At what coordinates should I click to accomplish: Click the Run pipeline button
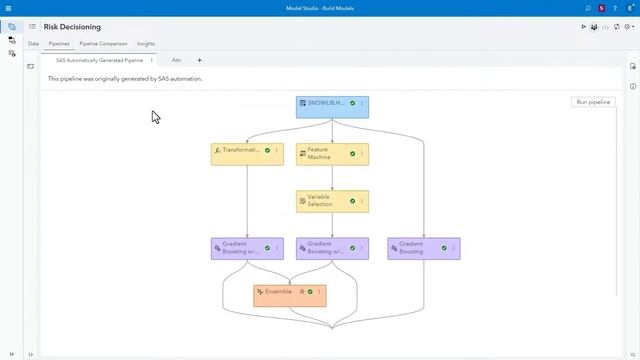pyautogui.click(x=593, y=102)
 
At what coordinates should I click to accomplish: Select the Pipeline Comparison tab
pyautogui.click(x=103, y=44)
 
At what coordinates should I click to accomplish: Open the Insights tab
pyautogui.click(x=146, y=44)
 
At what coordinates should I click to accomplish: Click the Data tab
pyautogui.click(x=33, y=44)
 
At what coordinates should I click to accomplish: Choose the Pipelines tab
pyautogui.click(x=59, y=44)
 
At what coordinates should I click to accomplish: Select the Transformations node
pyautogui.click(x=240, y=151)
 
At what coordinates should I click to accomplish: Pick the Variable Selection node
pyautogui.click(x=322, y=201)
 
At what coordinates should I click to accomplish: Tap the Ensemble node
pyautogui.click(x=279, y=292)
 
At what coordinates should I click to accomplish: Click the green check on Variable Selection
pyautogui.click(x=352, y=201)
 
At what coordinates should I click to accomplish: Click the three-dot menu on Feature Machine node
pyautogui.click(x=362, y=154)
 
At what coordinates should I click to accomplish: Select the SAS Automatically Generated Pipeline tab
pyautogui.click(x=98, y=60)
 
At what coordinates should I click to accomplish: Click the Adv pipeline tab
pyautogui.click(x=176, y=60)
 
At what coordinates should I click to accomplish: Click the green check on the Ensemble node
pyautogui.click(x=310, y=292)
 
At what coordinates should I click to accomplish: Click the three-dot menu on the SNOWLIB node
pyautogui.click(x=362, y=103)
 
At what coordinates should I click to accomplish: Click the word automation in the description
pyautogui.click(x=186, y=78)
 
